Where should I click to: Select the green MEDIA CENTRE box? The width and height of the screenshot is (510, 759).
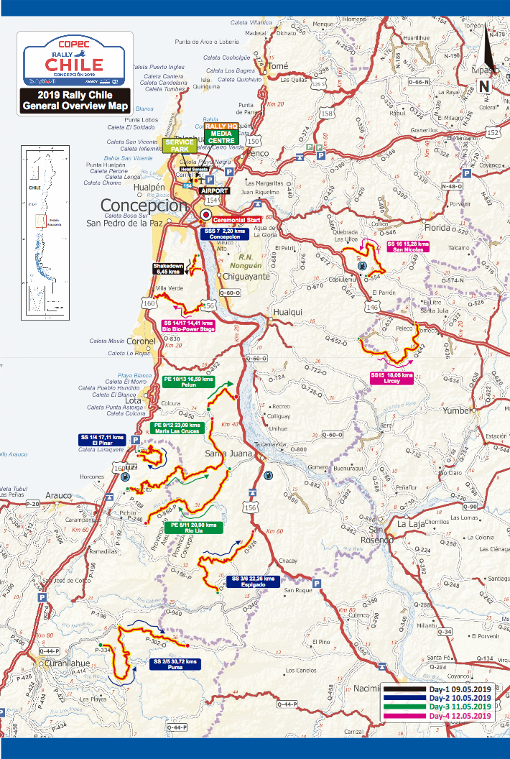click(x=222, y=137)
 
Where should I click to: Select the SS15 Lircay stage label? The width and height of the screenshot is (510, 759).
click(x=392, y=378)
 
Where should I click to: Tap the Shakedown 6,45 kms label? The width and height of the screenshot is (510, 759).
click(x=167, y=269)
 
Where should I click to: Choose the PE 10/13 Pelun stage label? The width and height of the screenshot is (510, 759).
click(x=189, y=381)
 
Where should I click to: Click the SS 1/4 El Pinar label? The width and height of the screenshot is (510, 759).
click(x=103, y=441)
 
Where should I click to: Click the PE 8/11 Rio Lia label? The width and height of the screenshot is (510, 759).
click(x=194, y=528)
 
